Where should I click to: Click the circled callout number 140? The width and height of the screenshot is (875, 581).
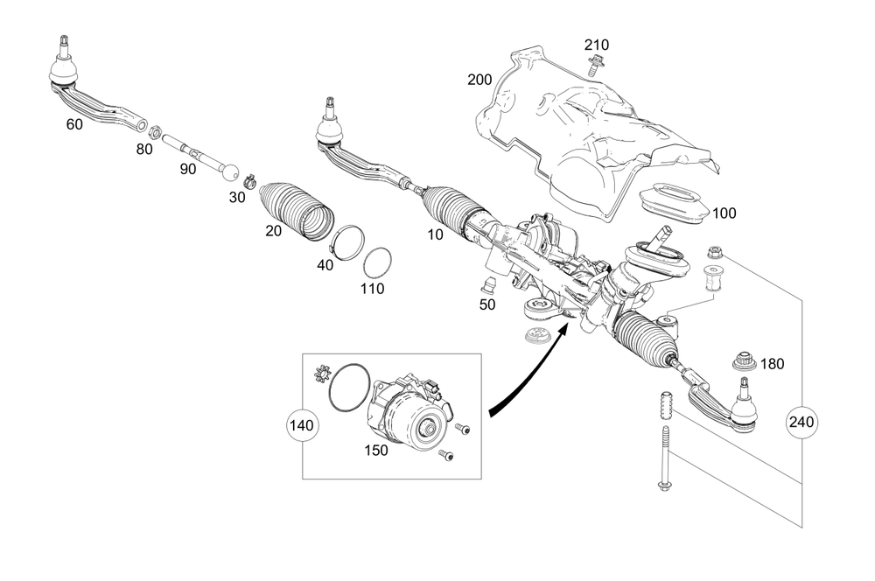click(303, 426)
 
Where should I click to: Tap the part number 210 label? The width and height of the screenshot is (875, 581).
click(598, 45)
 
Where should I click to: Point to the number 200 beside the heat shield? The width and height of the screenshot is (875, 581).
click(479, 80)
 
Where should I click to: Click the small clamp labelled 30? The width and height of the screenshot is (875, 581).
click(248, 182)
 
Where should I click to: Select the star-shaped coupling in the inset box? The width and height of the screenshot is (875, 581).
click(320, 377)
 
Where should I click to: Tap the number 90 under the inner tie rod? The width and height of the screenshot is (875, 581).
click(188, 169)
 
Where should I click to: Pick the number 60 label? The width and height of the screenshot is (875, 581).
click(74, 124)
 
